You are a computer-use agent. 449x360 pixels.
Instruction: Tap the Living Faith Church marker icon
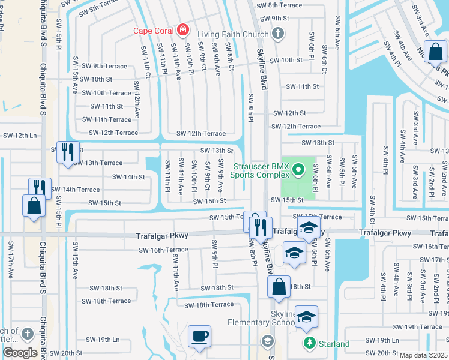click(277, 35)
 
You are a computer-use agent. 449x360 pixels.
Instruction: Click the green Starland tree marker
click(310, 343)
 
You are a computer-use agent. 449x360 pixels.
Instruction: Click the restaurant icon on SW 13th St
click(68, 151)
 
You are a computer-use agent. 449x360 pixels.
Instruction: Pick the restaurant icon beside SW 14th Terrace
click(40, 187)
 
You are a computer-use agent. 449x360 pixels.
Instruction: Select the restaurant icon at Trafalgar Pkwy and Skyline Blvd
click(261, 227)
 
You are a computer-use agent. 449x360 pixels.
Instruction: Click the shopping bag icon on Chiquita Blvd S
click(34, 205)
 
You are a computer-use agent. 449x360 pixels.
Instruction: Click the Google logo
click(20, 353)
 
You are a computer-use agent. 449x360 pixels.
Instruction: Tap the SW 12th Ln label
click(18, 136)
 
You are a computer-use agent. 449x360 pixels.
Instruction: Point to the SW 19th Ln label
click(100, 340)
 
